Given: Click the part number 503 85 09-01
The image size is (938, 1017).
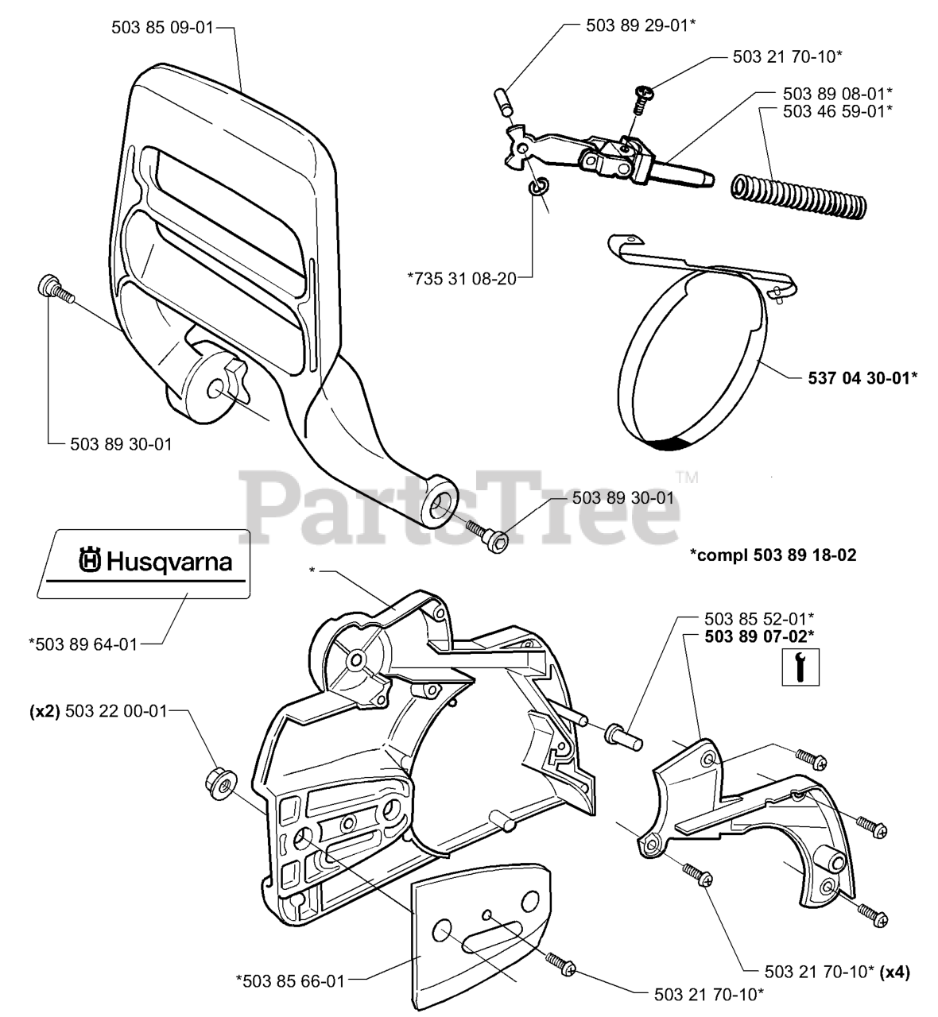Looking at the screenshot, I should click(x=162, y=27).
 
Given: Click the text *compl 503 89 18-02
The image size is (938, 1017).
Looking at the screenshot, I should click(x=773, y=555).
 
